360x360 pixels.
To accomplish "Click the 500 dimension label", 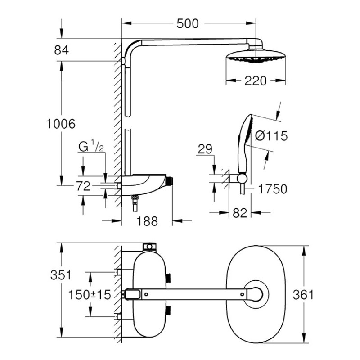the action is [187, 24].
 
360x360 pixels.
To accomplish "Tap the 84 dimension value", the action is [61, 50].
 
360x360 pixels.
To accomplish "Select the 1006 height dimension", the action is [61, 124].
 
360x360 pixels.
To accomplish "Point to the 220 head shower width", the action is [255, 81].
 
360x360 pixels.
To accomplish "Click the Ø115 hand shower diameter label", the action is [271, 136].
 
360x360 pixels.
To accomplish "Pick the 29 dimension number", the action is [205, 149].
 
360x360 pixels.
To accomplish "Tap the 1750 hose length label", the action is [273, 189].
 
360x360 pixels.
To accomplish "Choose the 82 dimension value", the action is [240, 213].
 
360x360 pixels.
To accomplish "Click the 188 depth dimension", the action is [147, 221].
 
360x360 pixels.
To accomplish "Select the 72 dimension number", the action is [83, 186].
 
